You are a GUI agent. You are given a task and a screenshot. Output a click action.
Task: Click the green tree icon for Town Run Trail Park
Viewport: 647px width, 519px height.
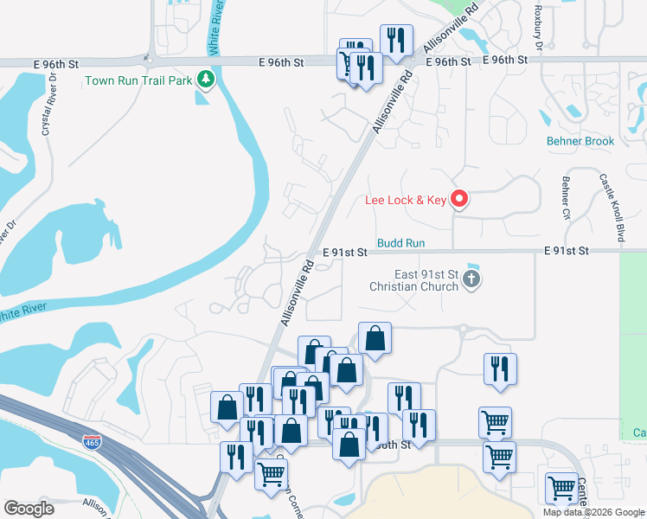click(x=205, y=80)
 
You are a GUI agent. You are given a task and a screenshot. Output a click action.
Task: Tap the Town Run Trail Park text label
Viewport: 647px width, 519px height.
click(x=139, y=81)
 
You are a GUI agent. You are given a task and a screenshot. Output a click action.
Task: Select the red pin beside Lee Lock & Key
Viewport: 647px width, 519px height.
click(x=459, y=200)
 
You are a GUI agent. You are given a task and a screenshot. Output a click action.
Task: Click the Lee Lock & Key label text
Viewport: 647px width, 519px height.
click(x=405, y=201)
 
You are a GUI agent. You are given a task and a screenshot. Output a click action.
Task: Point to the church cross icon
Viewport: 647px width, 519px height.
click(x=471, y=279)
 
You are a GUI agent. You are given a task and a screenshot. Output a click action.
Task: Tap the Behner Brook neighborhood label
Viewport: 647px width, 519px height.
click(x=580, y=141)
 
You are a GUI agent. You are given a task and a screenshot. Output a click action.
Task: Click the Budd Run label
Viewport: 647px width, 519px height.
click(x=401, y=245)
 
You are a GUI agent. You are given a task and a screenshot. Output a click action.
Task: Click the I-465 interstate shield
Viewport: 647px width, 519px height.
click(x=91, y=443)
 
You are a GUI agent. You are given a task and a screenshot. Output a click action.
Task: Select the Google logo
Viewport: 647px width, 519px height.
click(x=29, y=509)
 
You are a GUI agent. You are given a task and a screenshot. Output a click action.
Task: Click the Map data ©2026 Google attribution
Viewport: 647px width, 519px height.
click(x=593, y=512)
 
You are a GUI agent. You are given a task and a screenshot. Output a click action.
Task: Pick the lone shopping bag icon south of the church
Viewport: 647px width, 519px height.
click(x=375, y=337)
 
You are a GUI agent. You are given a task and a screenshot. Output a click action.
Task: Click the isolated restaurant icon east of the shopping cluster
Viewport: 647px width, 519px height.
click(x=500, y=368)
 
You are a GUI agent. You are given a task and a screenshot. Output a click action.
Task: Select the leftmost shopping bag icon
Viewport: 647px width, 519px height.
click(x=227, y=407)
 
